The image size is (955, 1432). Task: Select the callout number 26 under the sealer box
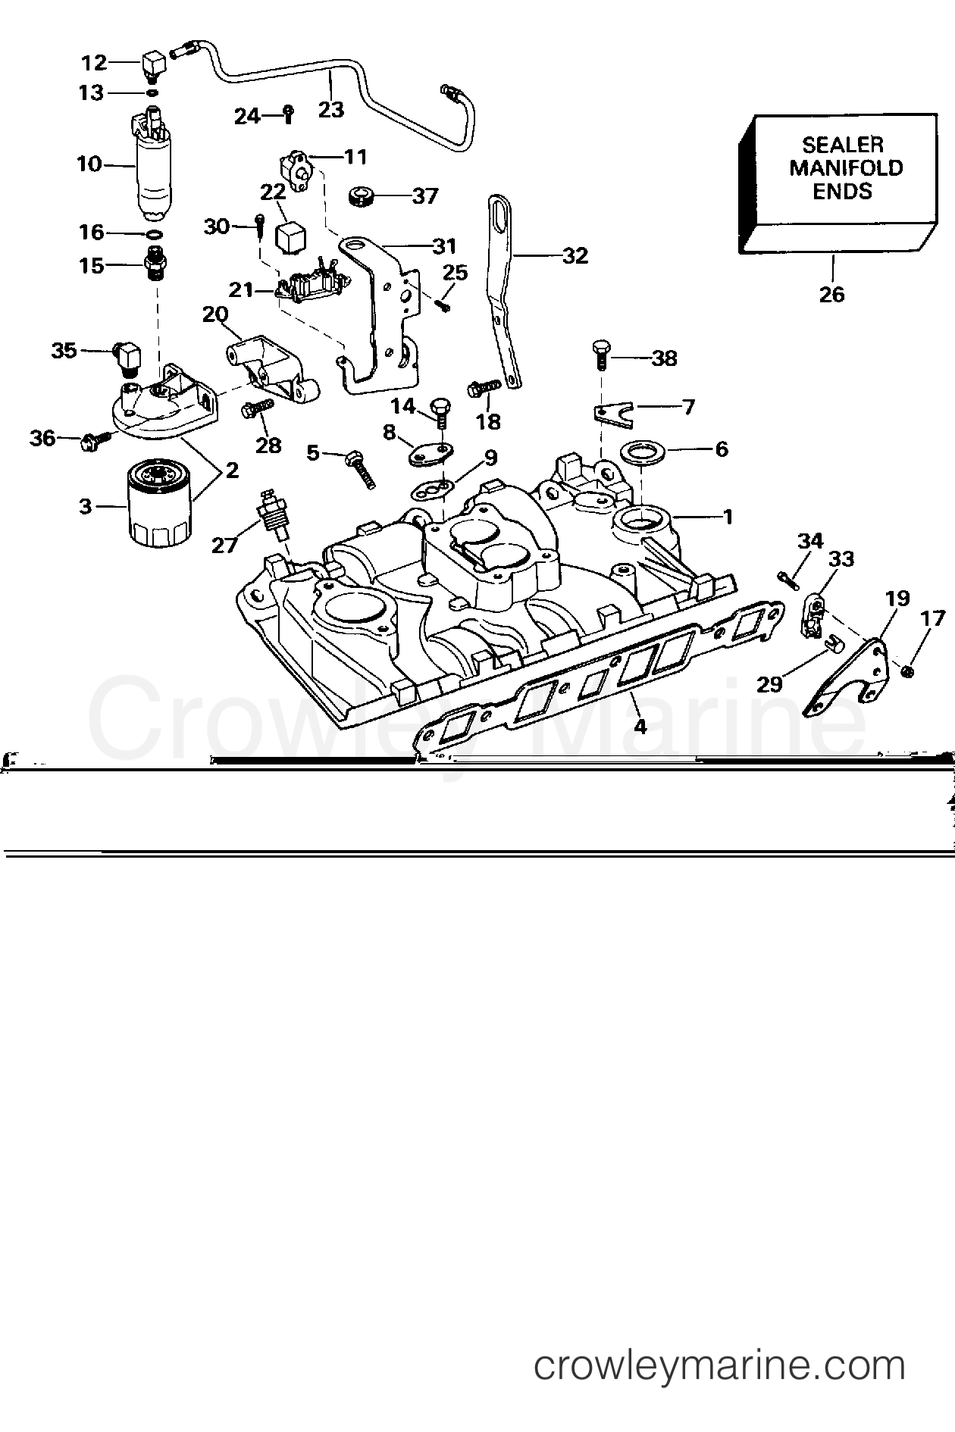pyautogui.click(x=831, y=294)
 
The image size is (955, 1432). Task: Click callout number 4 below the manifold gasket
pyautogui.click(x=640, y=727)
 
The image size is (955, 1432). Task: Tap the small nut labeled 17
pyautogui.click(x=909, y=671)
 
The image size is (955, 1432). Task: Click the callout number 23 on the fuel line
pyautogui.click(x=331, y=109)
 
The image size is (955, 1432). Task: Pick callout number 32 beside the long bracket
pyautogui.click(x=575, y=256)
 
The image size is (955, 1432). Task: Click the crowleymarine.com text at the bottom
pyautogui.click(x=719, y=1367)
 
